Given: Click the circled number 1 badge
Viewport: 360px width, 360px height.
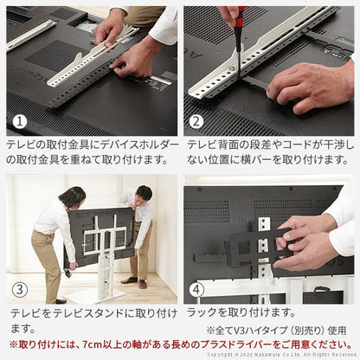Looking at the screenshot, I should [x=20, y=122].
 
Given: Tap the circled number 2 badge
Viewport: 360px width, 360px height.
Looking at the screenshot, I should [x=197, y=122].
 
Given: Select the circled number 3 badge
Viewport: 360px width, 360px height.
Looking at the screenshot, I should [x=20, y=288].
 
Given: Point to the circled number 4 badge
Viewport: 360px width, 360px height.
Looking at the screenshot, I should [x=197, y=288].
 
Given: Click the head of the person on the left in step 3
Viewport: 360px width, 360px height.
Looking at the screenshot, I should [x=73, y=198].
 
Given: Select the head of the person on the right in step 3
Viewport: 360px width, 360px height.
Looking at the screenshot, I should [x=144, y=193].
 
